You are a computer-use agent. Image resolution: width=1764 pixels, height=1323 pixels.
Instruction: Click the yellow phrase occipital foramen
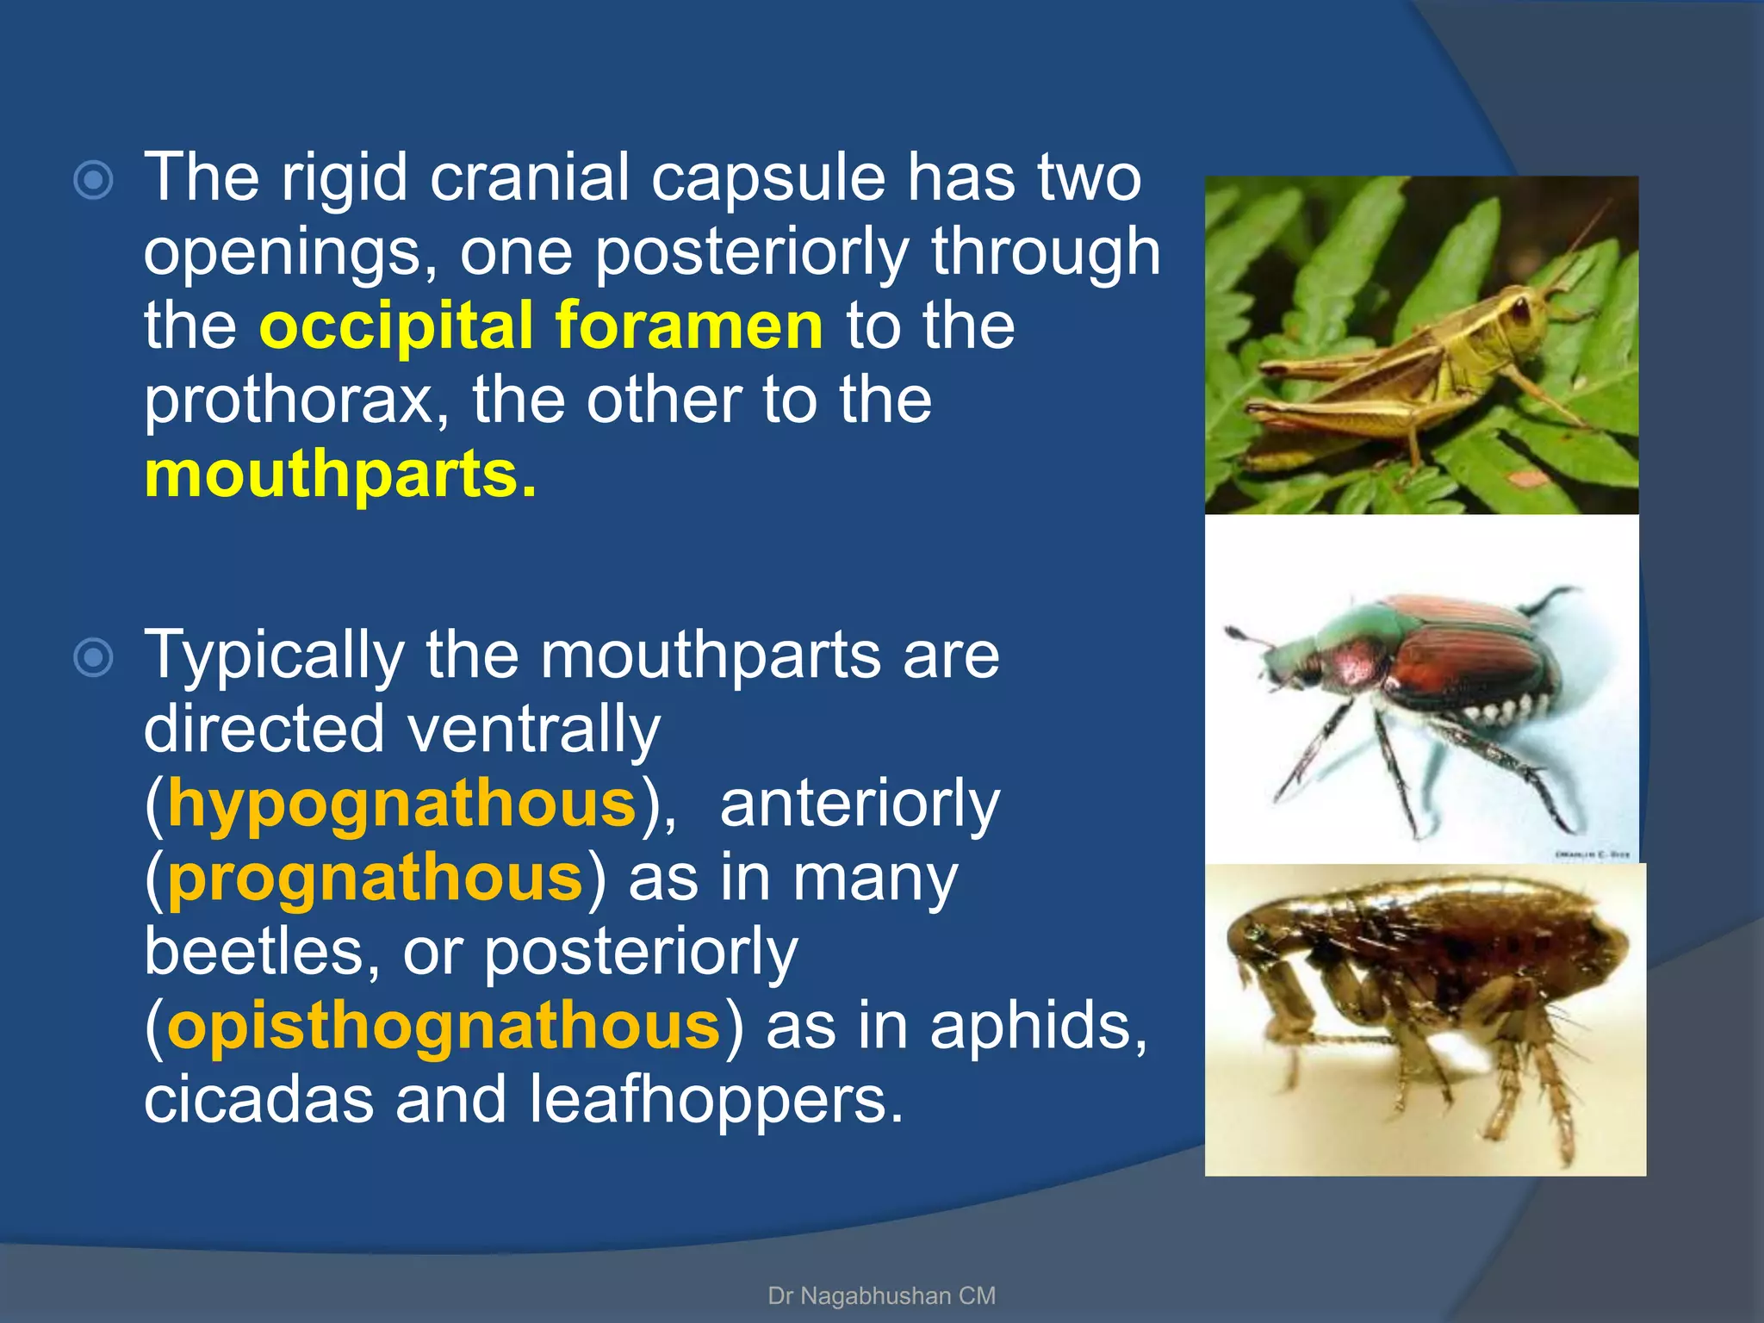click(541, 327)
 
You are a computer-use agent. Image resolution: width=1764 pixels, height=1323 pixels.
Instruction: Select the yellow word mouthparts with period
click(340, 475)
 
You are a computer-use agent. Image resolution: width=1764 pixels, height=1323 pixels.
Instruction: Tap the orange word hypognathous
click(401, 804)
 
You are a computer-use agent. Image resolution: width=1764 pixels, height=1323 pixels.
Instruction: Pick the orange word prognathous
click(376, 878)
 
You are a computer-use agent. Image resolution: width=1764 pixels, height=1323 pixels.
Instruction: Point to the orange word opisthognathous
click(443, 1026)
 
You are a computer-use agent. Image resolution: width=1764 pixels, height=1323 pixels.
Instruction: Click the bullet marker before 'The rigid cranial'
click(93, 181)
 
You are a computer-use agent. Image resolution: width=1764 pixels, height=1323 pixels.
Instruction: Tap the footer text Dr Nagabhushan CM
click(881, 1295)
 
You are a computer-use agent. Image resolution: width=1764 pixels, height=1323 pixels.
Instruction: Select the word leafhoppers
click(715, 1100)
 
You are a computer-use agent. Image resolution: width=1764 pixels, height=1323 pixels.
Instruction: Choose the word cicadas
click(258, 1100)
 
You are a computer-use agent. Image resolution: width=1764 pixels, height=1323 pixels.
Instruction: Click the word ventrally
click(533, 730)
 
